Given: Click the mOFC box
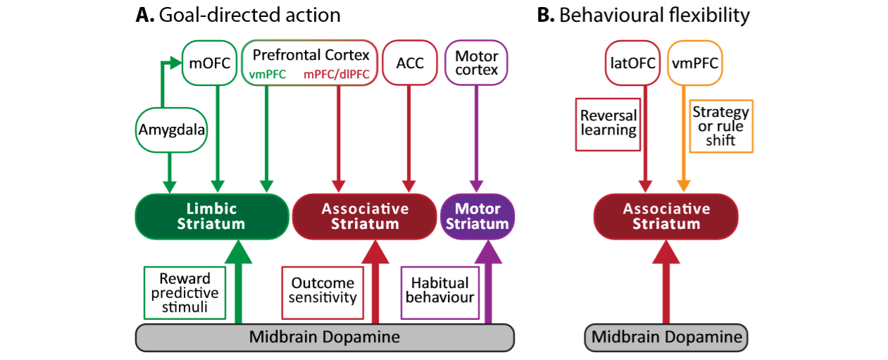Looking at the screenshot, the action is pos(209,63).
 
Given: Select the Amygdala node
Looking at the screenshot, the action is pos(171,130).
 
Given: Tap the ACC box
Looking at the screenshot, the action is pos(410,63).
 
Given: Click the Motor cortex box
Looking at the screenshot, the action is pos(476,63).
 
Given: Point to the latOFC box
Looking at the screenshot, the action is pos(632,63).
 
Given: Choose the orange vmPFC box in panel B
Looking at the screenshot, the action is pos(695,63).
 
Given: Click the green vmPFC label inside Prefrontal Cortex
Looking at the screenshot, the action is pos(267,74).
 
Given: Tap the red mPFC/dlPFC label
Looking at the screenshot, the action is pos(337,74).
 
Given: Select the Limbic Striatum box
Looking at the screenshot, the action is pos(212,216).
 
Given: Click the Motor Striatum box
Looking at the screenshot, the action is pos(477,216).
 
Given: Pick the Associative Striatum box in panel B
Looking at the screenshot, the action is pos(666,216).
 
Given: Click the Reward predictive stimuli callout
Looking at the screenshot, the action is pos(185,292).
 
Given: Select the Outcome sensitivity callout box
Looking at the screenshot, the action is pos(323,292).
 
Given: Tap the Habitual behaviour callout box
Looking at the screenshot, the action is pos(440,292).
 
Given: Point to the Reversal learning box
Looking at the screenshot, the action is pos(608,125).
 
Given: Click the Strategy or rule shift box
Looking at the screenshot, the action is pos(721,126).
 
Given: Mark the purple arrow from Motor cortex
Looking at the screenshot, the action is pos(476,139).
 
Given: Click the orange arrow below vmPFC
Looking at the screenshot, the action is pos(684,139).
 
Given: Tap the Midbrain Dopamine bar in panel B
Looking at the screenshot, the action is pos(666,337).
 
